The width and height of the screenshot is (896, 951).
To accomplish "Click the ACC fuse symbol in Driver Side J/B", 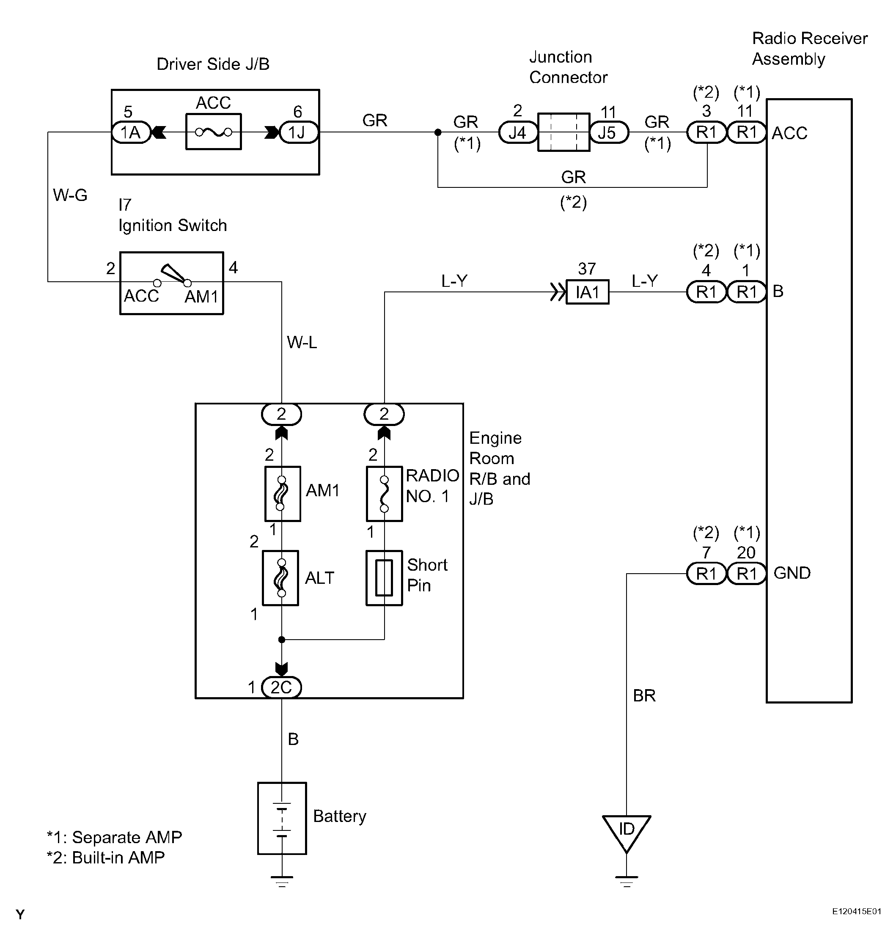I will coord(213,132).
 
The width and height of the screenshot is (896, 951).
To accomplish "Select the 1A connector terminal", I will coord(131,132).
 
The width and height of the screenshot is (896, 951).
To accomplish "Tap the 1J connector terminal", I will coord(297,132).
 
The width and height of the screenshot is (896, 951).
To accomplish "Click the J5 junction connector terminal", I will coord(608,132).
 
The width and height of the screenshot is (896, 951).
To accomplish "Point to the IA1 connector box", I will coord(588,292).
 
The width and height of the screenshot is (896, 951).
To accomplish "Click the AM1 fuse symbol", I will coord(282,493).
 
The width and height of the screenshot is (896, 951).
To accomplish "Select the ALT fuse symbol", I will coord(281,578).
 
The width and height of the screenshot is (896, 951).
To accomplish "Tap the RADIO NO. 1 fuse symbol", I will coord(384,493).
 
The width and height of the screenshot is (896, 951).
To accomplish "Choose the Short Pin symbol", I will coord(384,578).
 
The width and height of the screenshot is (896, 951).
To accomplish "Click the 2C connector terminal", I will coord(281,687).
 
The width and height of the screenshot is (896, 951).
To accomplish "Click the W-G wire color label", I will coord(70,195).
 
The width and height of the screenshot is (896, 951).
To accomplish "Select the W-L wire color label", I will coord(302,343).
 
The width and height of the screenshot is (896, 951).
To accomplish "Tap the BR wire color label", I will coord(644,695).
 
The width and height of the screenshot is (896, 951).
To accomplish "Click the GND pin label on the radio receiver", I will coord(792,573).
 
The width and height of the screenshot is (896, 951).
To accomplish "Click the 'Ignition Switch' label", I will coord(173,225).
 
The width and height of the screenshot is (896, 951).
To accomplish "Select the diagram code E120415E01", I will coord(856,911).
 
